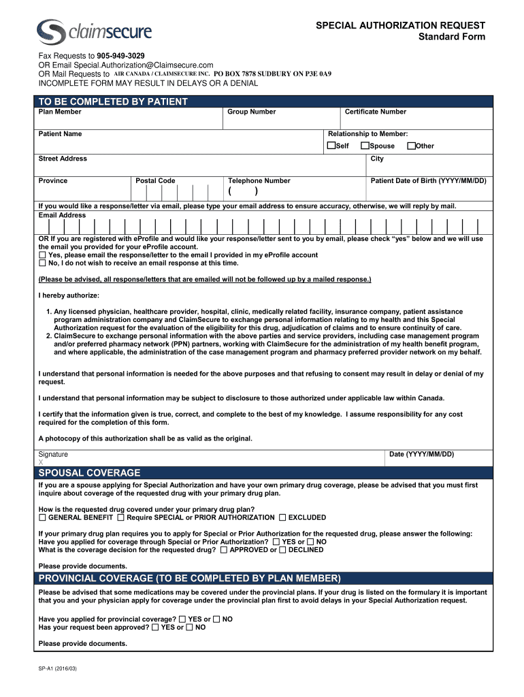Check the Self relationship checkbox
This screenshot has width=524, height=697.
tap(331, 146)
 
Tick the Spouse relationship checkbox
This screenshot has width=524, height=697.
tap(365, 146)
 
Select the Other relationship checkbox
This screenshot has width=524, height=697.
tap(411, 146)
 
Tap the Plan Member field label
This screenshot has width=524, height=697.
tap(60, 112)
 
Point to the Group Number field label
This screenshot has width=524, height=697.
tap(251, 112)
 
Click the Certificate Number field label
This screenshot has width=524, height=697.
tap(375, 112)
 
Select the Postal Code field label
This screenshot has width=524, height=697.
tap(155, 180)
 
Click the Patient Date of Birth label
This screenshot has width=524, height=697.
tap(428, 180)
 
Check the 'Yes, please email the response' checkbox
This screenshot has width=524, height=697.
tap(42, 255)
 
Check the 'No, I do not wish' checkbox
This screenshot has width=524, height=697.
tap(42, 263)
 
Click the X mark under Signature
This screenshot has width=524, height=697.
tap(41, 462)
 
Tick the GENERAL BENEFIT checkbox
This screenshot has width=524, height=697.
tap(42, 517)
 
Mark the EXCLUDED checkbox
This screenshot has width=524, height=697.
tap(282, 517)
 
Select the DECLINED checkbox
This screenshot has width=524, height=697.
tap(282, 550)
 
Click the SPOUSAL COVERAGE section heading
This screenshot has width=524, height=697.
tap(89, 472)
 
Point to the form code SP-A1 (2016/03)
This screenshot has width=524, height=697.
tap(58, 669)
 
